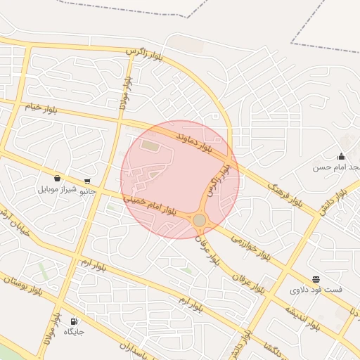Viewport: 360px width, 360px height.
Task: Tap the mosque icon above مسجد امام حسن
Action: tap(342, 156)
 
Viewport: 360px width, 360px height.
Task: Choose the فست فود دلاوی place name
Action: tap(316, 290)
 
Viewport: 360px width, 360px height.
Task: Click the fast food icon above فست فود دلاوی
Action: tap(316, 279)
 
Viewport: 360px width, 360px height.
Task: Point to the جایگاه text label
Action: tap(75, 330)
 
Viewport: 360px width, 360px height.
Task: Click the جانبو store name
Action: tap(86, 191)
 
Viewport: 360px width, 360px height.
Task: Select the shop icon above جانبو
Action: tap(86, 180)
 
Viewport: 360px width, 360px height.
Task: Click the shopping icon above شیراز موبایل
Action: tap(57, 179)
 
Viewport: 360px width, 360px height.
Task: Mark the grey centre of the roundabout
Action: tap(200, 220)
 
